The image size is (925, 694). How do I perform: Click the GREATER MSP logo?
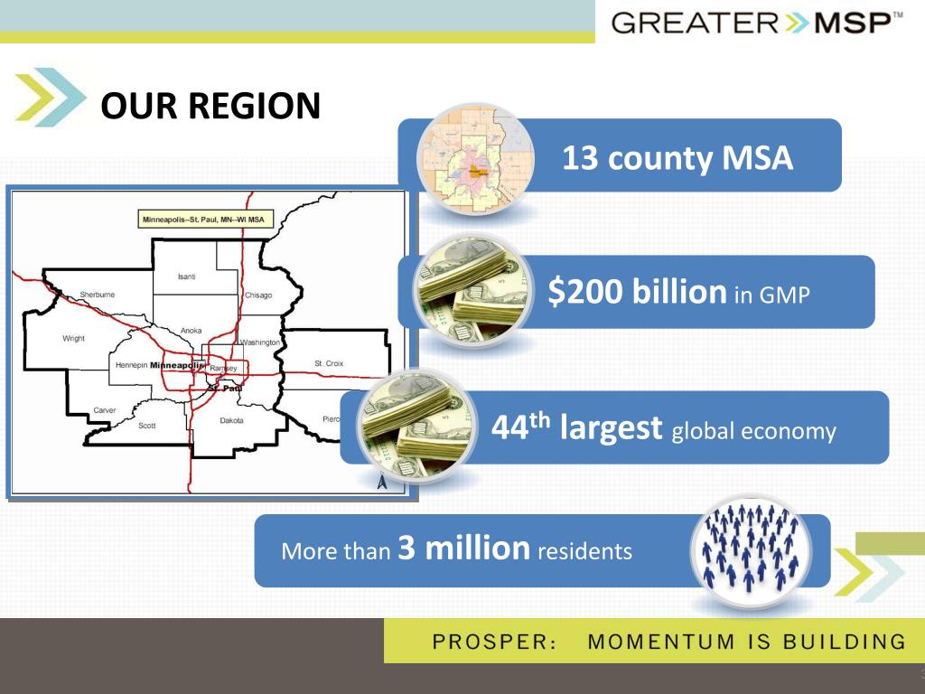click(x=757, y=22)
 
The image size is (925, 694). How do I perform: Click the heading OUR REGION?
click(x=210, y=106)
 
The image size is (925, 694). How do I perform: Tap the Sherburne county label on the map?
click(x=97, y=295)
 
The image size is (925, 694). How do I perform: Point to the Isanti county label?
click(x=187, y=276)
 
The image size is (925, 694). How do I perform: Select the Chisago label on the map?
click(x=258, y=295)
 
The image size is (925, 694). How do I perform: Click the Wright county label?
click(x=73, y=338)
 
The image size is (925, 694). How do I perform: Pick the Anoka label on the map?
click(x=192, y=331)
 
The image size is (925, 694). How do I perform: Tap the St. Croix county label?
click(x=329, y=363)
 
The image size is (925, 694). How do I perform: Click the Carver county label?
click(x=104, y=409)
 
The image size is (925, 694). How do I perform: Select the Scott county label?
click(x=147, y=425)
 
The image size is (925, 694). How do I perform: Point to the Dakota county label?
click(x=231, y=419)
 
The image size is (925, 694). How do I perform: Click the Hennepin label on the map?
click(x=131, y=364)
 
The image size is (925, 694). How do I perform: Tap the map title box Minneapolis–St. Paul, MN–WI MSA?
click(x=204, y=220)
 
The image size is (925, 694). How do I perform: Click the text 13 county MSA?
click(x=677, y=158)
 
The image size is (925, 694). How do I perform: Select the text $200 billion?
click(x=637, y=291)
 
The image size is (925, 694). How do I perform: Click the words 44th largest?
click(x=576, y=427)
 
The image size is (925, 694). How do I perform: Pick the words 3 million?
click(x=463, y=548)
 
